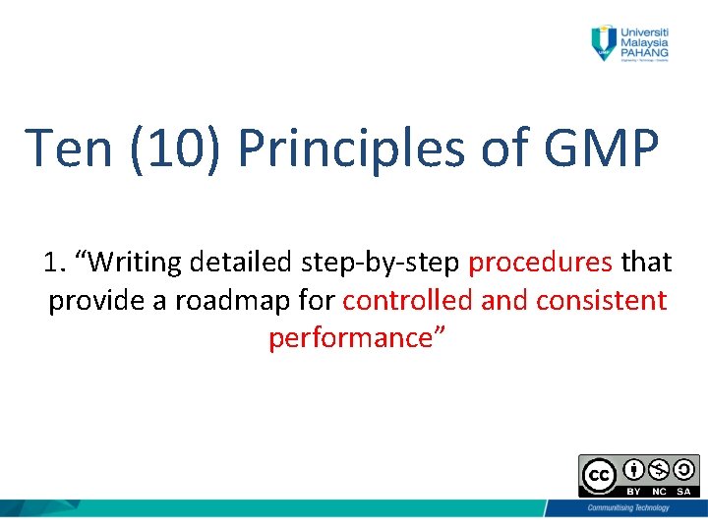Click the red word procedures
tap(541, 263)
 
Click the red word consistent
tap(601, 300)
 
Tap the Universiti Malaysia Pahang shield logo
tap(602, 42)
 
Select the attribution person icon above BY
tap(634, 469)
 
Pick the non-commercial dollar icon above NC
tap(658, 469)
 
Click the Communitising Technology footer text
tap(627, 507)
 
